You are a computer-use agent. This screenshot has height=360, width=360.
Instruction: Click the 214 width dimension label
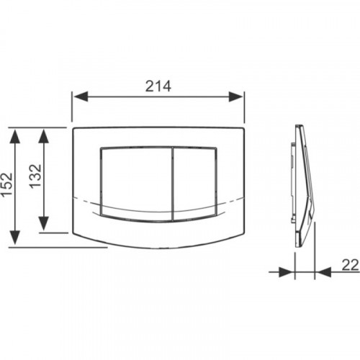[158, 86]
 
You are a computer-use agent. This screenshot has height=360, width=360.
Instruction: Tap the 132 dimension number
[35, 176]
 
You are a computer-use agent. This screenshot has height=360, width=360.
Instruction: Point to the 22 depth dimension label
[350, 265]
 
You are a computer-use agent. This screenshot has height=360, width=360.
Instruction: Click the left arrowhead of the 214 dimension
[81, 96]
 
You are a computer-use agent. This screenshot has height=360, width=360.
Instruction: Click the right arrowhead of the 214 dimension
[235, 96]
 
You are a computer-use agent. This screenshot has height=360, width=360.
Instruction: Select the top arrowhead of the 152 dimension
[15, 136]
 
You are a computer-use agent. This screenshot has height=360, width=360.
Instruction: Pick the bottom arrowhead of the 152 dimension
[15, 238]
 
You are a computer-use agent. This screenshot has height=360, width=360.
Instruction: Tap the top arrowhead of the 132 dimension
[43, 136]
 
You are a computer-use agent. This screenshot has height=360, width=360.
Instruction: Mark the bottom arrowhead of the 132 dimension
[43, 223]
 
